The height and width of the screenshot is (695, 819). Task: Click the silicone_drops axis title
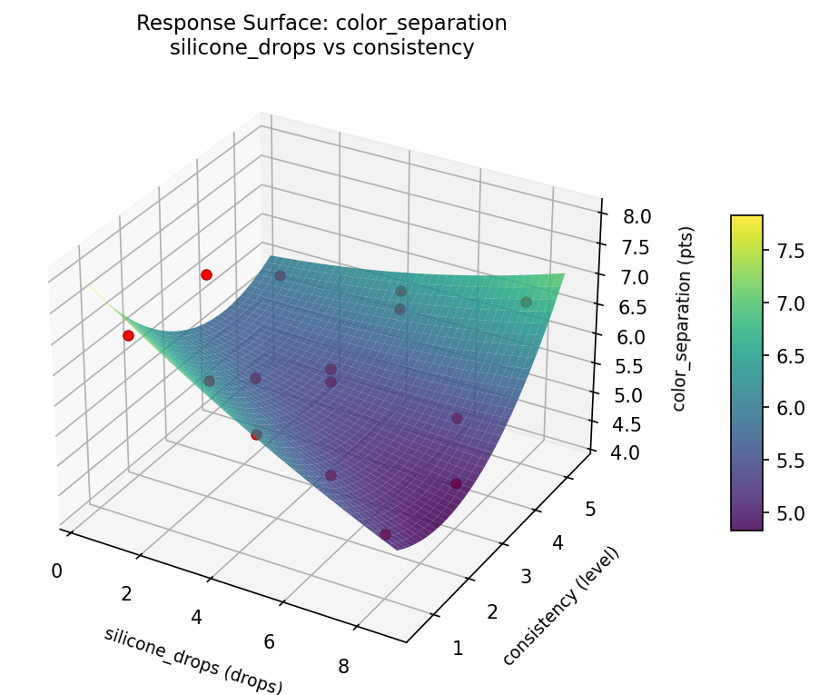pos(193,660)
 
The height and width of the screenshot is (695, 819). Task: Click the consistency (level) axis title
pos(560,605)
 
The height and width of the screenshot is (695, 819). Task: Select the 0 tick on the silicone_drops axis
pos(56,571)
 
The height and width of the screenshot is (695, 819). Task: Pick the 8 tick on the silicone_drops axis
pos(343,666)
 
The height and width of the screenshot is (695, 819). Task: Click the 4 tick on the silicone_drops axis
pos(197,618)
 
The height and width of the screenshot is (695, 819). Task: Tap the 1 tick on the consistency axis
pos(458,648)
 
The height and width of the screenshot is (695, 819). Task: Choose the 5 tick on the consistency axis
pos(591,510)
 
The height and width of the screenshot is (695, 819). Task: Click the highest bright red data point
pos(206,274)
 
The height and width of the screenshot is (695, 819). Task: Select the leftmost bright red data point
pos(128,335)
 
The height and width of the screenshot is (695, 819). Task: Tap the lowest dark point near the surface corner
pos(386,534)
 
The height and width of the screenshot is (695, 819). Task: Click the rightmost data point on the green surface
pos(526,302)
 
